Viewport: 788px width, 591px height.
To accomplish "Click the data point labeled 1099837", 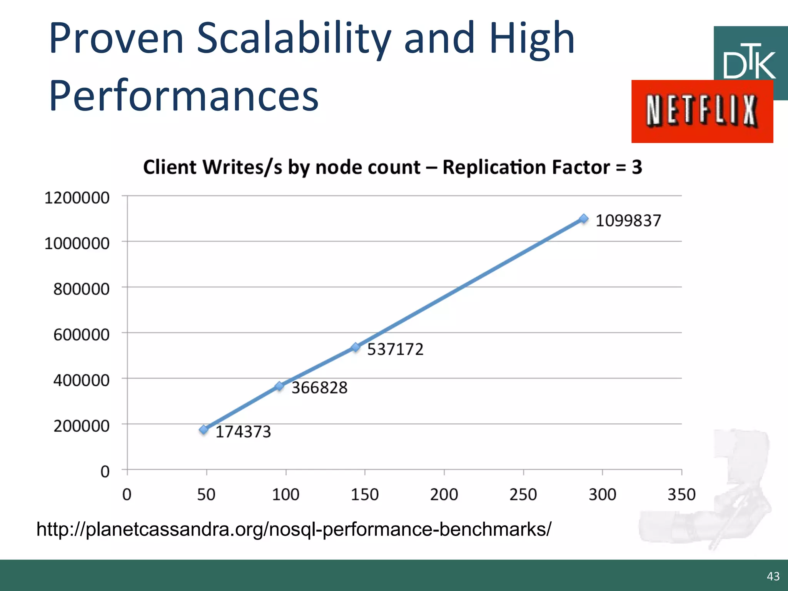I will tap(584, 219).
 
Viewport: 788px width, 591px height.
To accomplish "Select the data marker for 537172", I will tap(356, 347).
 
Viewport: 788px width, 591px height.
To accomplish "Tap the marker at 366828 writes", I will tap(280, 386).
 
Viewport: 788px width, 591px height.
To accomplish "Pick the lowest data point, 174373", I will tap(204, 430).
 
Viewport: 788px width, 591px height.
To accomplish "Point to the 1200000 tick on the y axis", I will tap(77, 198).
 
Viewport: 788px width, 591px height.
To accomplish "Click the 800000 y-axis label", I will tap(82, 289).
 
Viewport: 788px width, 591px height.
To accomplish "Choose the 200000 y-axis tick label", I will tap(82, 426).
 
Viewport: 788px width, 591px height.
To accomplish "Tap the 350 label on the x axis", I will tap(681, 494).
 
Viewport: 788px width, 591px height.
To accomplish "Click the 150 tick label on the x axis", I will tap(365, 494).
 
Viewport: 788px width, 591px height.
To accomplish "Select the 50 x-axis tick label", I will tap(206, 494).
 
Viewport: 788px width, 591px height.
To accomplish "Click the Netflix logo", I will tap(702, 111).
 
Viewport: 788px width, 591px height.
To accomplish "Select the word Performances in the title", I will tap(184, 95).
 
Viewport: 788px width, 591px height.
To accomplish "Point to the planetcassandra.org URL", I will tap(294, 529).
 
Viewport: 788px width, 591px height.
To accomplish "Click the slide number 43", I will tap(773, 576).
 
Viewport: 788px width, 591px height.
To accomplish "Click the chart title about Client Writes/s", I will tap(392, 167).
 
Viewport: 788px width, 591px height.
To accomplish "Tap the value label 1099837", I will tap(628, 221).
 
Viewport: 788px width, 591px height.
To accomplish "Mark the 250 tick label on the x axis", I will tap(523, 494).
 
